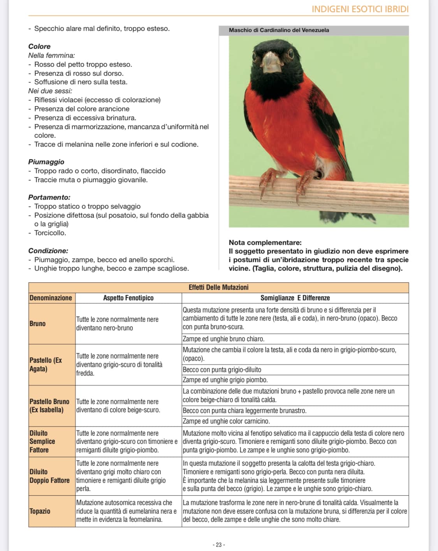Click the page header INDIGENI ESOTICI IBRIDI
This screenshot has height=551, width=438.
(360, 9)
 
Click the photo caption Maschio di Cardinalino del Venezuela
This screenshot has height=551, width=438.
(279, 30)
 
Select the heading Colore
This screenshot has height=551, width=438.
(39, 46)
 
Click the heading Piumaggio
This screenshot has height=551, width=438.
(46, 162)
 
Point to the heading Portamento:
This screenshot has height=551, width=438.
(49, 197)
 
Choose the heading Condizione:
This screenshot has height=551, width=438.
(48, 251)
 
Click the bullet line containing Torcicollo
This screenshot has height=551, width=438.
(50, 233)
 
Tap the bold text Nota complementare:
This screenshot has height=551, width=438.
(265, 243)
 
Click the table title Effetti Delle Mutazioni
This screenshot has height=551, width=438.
(218, 287)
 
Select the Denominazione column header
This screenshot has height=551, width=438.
(51, 298)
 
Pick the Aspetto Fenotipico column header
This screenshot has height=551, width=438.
(128, 298)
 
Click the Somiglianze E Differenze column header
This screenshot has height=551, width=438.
(295, 298)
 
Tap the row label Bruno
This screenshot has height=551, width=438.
(37, 324)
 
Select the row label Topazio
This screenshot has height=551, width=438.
(40, 511)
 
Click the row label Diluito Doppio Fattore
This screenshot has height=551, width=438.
(49, 476)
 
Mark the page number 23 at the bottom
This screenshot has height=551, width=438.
(219, 545)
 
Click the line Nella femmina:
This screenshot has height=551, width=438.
(51, 55)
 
